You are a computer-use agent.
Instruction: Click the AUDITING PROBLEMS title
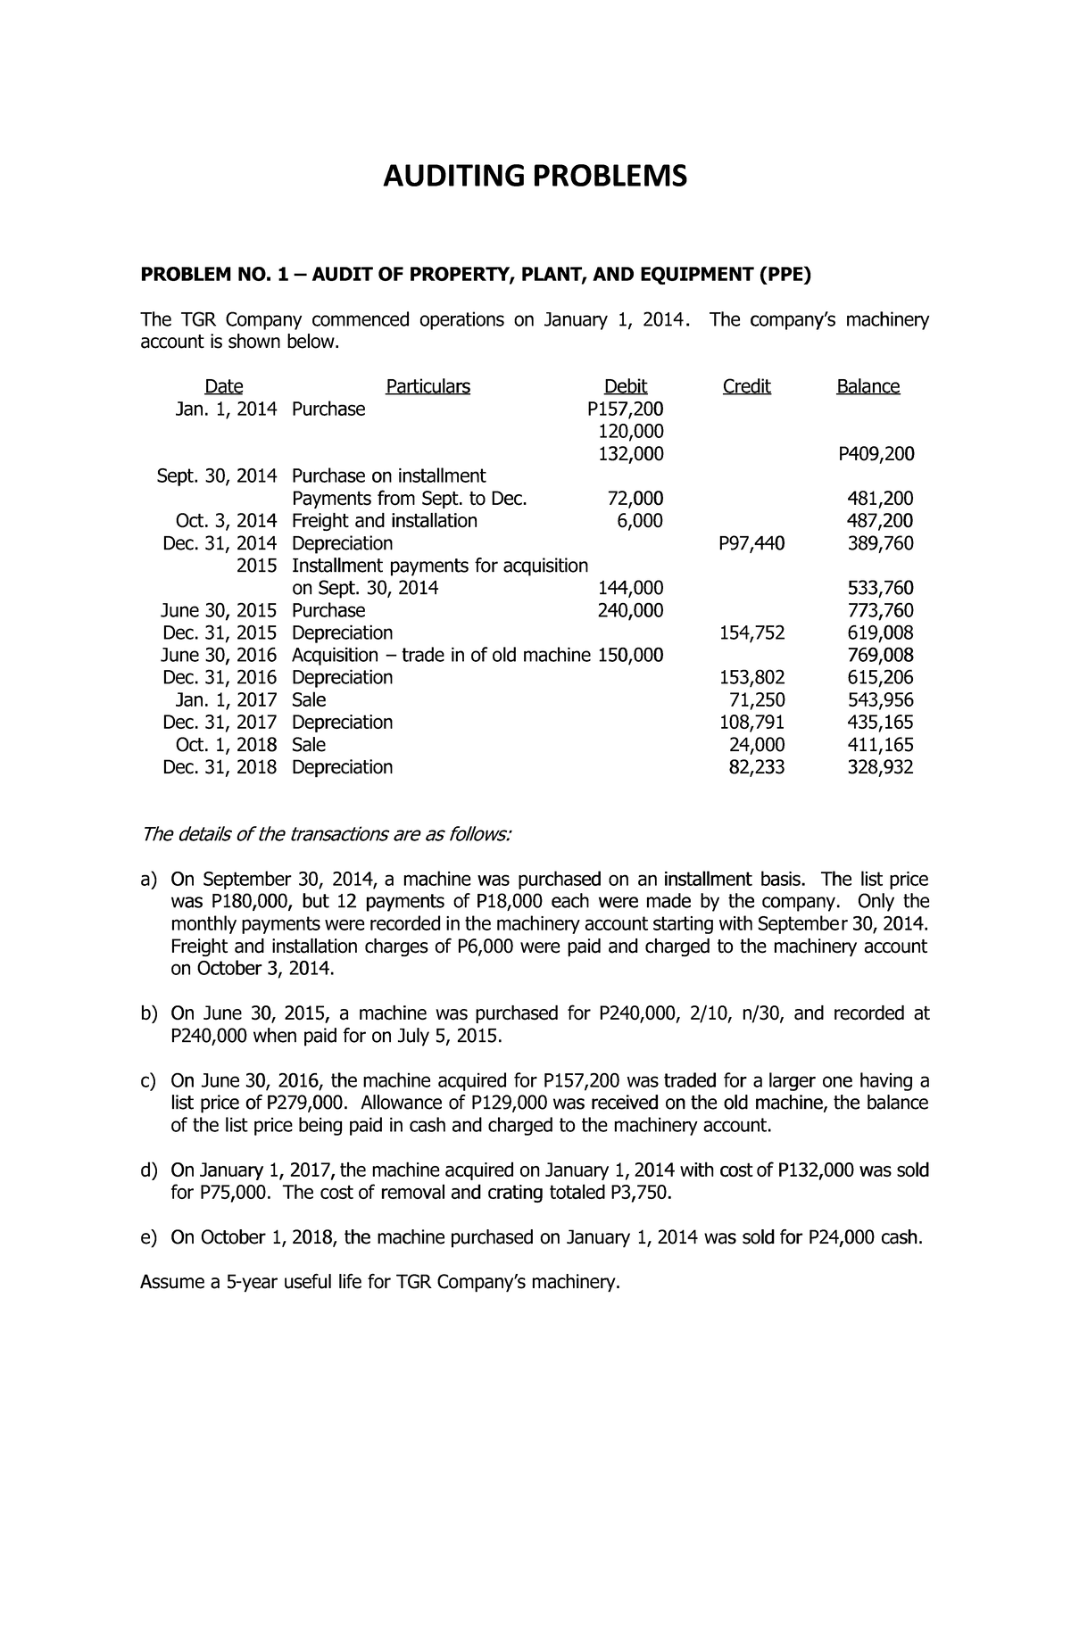(535, 177)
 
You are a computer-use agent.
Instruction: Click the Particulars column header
(428, 386)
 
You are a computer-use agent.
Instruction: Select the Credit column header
(746, 386)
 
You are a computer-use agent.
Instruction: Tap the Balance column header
(868, 386)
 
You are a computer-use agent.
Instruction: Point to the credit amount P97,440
(751, 543)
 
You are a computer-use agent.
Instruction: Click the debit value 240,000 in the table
(629, 610)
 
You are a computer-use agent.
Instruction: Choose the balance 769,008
(880, 655)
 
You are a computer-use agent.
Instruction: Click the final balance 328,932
(880, 767)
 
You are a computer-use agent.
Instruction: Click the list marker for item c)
(149, 1081)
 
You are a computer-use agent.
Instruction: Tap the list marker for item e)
(149, 1238)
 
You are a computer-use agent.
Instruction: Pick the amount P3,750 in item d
(637, 1194)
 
